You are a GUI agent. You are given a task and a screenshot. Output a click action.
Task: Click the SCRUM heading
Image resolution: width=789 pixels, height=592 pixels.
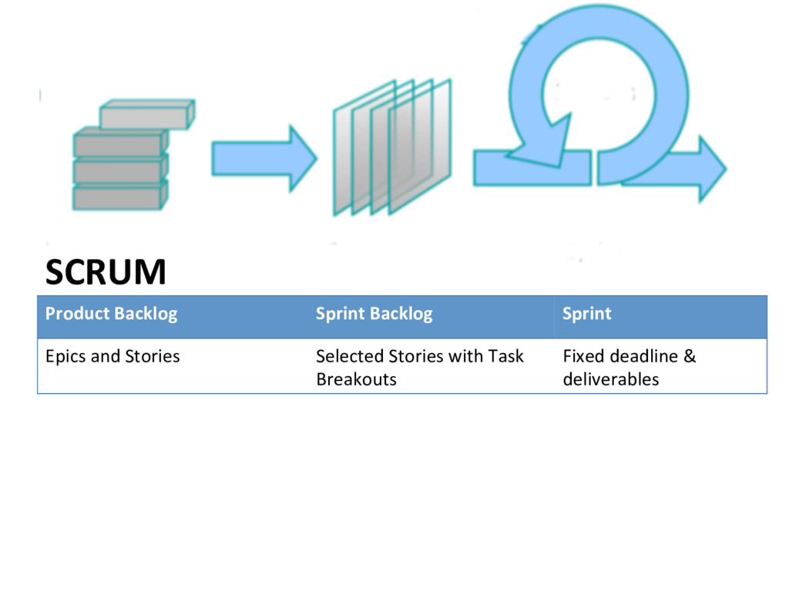click(106, 272)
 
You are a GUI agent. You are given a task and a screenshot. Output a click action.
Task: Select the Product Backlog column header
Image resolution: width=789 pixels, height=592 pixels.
click(111, 314)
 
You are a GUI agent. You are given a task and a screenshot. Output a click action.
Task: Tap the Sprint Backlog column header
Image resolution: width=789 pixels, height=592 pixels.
click(374, 314)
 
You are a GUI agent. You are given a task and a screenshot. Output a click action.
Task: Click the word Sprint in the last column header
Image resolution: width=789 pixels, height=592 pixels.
click(586, 314)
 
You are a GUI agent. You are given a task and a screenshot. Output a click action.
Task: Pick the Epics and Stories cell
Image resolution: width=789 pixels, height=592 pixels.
click(112, 356)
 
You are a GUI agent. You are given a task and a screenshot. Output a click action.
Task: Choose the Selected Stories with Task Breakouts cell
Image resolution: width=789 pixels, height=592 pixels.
click(420, 368)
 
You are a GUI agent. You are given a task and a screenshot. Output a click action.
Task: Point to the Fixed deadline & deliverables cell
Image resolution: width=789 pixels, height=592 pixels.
click(630, 368)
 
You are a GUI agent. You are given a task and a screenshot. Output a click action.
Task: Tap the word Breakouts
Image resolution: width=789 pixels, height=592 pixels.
click(356, 379)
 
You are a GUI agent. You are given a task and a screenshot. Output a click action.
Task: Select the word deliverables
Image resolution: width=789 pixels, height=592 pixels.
click(611, 379)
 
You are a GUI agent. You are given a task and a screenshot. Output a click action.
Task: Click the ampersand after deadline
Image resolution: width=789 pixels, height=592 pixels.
click(690, 356)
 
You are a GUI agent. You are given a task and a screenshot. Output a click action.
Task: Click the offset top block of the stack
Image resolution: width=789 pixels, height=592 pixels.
click(147, 114)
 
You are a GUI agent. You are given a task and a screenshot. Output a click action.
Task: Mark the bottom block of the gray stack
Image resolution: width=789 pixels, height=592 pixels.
click(120, 197)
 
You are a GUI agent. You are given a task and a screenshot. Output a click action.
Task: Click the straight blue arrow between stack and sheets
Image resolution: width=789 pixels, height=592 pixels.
click(264, 159)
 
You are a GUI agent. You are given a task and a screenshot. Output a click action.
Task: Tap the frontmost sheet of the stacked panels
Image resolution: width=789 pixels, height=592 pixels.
click(420, 146)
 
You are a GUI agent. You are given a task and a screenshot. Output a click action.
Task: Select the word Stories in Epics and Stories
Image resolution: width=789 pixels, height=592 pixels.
click(153, 356)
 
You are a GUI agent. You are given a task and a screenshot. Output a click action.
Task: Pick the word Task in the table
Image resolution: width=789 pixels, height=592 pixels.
click(505, 356)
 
